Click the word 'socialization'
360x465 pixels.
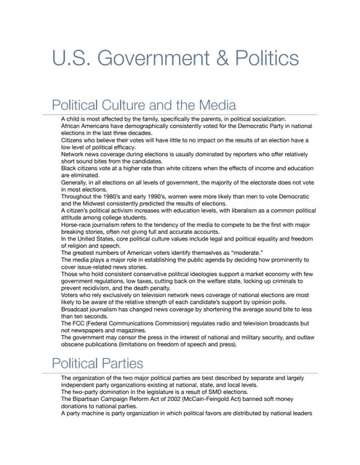266,118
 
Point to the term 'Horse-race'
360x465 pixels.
78,225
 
